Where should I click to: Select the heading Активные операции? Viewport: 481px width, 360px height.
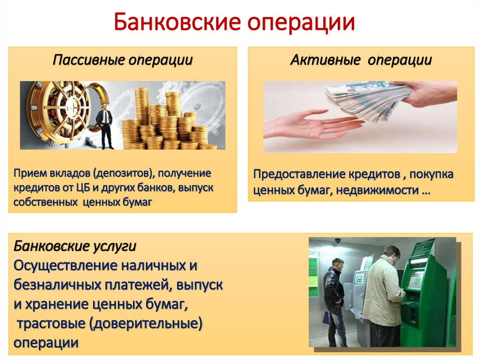tap(361, 60)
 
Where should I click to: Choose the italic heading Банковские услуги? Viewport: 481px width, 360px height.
tap(75, 246)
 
